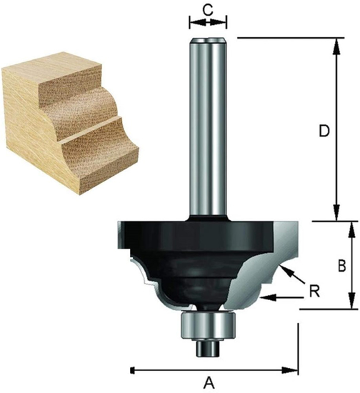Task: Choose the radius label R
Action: coord(314,291)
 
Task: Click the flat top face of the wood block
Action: coord(57,79)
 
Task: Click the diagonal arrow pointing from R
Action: coord(291,274)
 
